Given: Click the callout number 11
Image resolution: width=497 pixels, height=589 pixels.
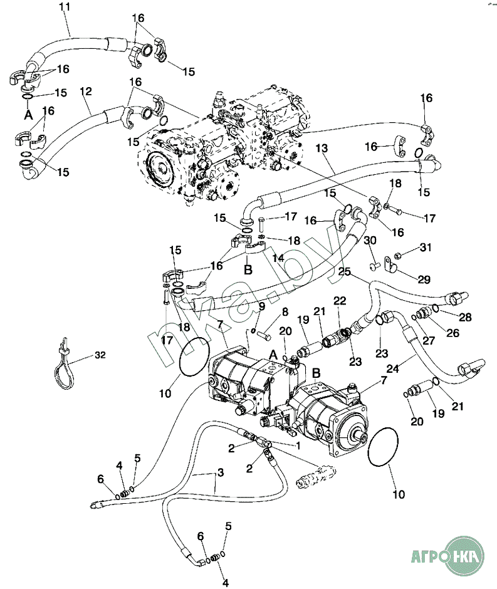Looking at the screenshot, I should click(65, 7).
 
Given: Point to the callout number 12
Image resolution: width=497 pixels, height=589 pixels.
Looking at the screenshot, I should click(86, 91).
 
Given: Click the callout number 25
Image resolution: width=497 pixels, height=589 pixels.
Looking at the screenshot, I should click(344, 272).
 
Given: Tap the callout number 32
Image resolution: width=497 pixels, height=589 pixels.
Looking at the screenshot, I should click(100, 355).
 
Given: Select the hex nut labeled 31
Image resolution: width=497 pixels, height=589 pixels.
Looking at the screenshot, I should click(397, 256).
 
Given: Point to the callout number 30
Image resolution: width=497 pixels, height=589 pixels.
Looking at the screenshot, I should click(370, 241).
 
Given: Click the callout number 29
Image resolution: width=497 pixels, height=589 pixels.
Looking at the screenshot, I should click(424, 279).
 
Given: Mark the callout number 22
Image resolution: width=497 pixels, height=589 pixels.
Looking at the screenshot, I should click(339, 301).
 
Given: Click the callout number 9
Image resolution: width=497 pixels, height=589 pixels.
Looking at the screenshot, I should click(262, 306).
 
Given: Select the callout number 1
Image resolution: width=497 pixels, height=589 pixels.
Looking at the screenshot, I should click(298, 446).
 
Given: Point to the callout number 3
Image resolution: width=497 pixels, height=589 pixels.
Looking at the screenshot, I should click(220, 472).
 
